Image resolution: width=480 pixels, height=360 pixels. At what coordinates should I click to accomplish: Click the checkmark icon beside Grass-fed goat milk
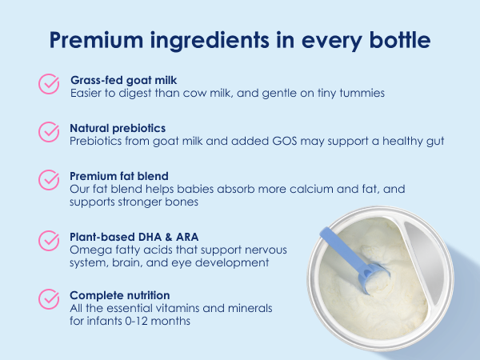pos(50,85)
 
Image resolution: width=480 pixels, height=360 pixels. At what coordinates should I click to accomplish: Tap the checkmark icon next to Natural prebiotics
pos(50,132)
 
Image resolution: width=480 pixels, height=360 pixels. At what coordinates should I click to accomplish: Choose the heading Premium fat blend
pos(118,174)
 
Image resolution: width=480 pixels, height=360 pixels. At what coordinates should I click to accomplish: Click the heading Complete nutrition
pos(120,295)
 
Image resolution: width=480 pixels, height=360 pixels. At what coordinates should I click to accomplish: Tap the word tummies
pos(362,94)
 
